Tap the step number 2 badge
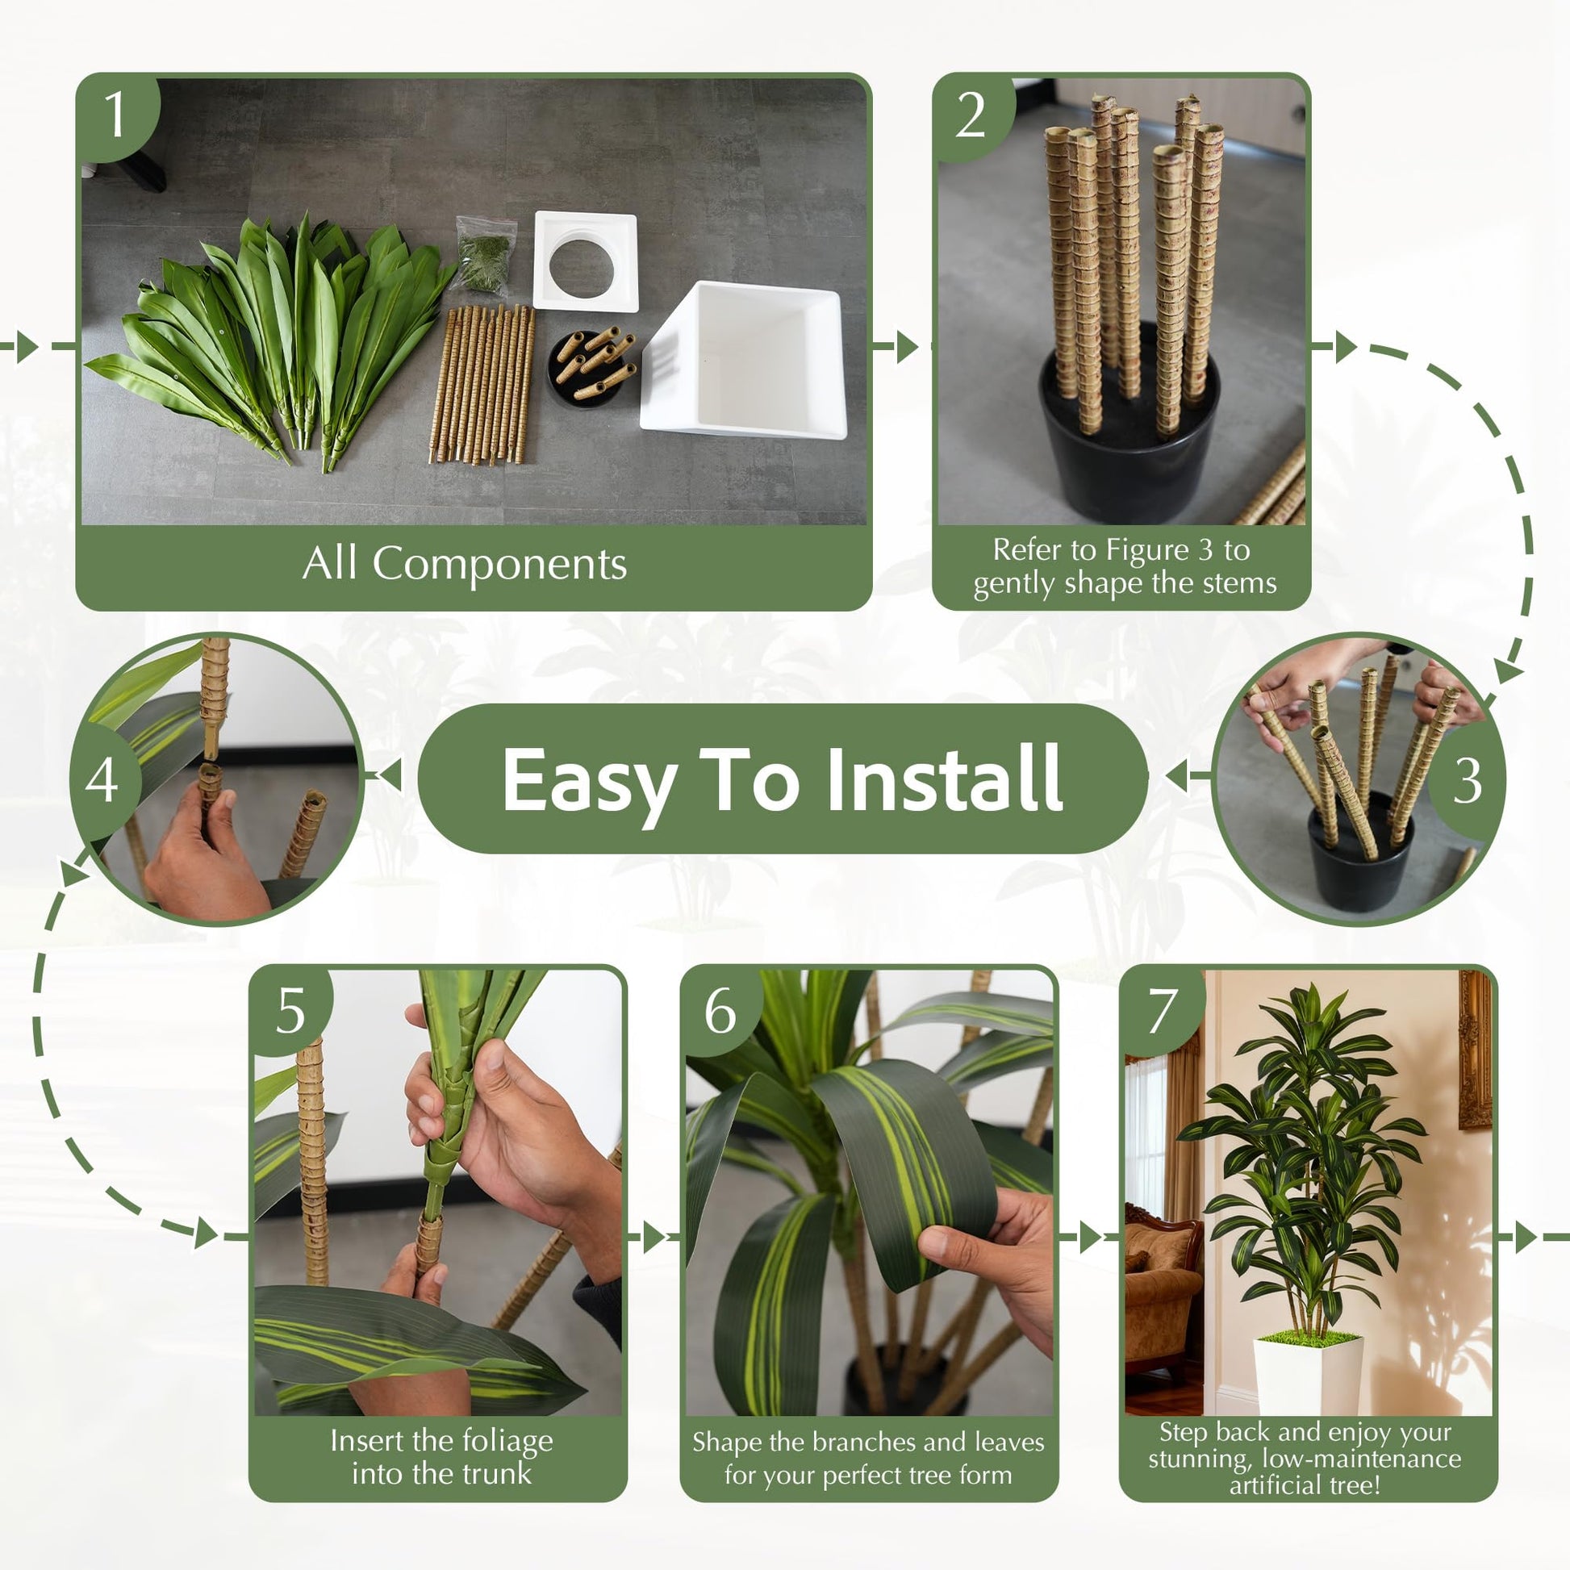point(973,115)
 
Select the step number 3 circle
point(1466,781)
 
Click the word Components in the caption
point(499,563)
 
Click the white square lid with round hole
point(584,261)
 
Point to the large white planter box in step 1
point(745,360)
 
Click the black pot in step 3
point(1360,861)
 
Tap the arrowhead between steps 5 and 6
point(655,1237)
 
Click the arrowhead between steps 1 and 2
point(907,347)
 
